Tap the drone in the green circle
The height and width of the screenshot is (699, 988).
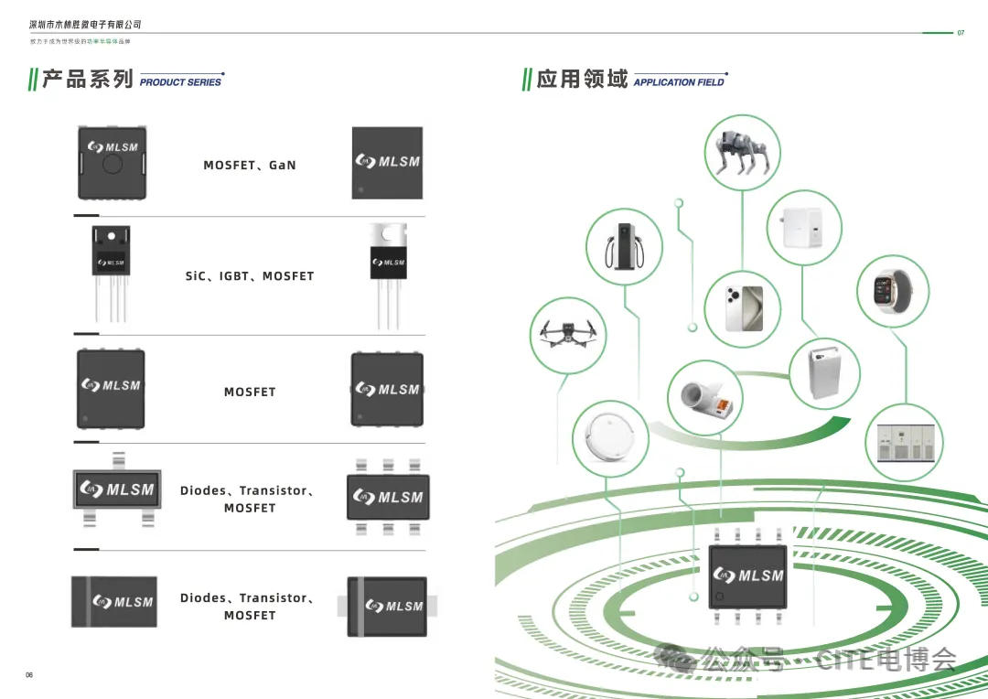click(x=568, y=335)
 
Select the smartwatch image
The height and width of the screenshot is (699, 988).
click(x=892, y=291)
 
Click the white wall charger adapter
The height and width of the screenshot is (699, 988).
click(x=802, y=227)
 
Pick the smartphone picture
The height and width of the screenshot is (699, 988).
click(x=742, y=308)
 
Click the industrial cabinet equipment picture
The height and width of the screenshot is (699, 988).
click(x=903, y=443)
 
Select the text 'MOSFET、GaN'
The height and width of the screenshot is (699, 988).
click(x=250, y=166)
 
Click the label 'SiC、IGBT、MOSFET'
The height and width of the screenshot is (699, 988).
click(x=250, y=276)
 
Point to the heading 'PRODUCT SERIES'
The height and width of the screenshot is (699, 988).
click(x=180, y=82)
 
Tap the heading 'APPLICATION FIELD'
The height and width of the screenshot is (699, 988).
click(x=678, y=82)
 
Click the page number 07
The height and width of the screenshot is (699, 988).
click(x=961, y=33)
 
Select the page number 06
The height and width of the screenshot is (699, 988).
click(x=29, y=675)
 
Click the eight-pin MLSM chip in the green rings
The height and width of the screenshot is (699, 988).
click(x=748, y=576)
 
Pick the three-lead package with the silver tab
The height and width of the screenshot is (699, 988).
click(x=389, y=274)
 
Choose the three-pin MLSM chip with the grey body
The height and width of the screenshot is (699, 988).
click(x=117, y=489)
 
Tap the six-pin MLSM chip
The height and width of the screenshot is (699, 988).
click(x=388, y=498)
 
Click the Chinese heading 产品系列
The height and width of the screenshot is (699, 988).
click(x=88, y=80)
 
